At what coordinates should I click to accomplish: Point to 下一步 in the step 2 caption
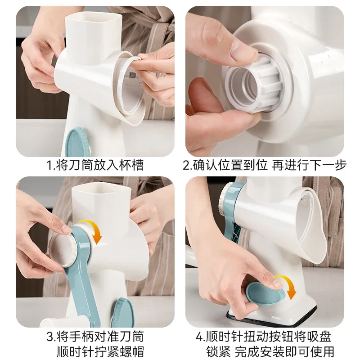point(331,165)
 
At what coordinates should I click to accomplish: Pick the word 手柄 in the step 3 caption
point(81,336)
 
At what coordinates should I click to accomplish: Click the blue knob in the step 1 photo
point(80,141)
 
